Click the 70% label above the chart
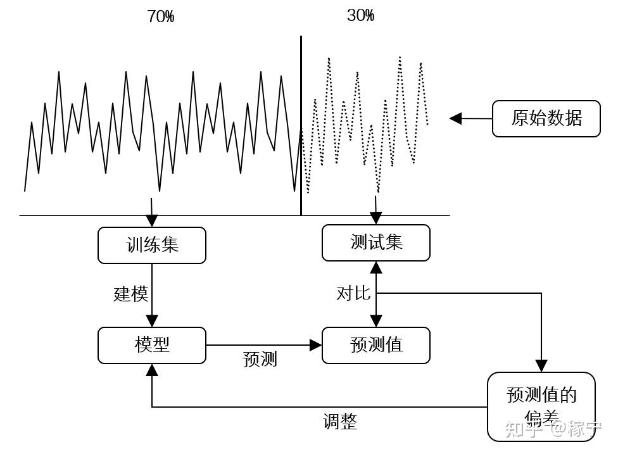[160, 17]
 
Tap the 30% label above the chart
[360, 16]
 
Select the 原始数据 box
[546, 118]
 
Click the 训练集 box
[152, 245]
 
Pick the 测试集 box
[376, 243]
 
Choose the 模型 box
[152, 345]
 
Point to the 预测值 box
[376, 345]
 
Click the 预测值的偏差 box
[541, 405]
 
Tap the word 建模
[131, 294]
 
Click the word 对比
[353, 293]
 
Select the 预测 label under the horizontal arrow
[260, 360]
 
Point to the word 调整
[339, 422]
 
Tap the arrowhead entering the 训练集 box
[152, 221]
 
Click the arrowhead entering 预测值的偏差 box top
[541, 366]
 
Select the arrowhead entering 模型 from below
[152, 370]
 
